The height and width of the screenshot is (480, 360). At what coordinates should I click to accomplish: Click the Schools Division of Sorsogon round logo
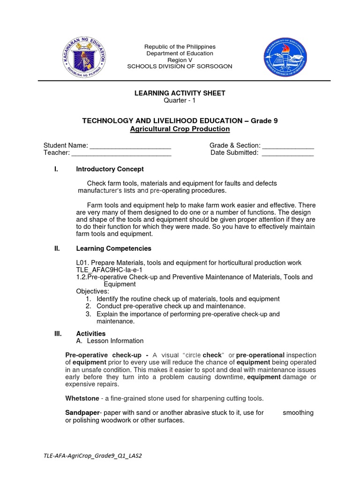pos(285,58)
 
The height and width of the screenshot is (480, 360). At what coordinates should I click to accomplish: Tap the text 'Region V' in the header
pos(180,60)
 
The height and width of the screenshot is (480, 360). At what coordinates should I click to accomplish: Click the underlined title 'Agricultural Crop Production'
pos(180,128)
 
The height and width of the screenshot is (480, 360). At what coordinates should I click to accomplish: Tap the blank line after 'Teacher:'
pos(121,153)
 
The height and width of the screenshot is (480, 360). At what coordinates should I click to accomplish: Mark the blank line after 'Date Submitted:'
pos(287,153)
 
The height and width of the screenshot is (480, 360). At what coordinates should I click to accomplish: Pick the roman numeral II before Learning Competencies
pos(57,248)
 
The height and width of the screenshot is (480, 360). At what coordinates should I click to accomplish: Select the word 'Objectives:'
pos(92,291)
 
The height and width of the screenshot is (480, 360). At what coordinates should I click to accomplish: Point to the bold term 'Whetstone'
pos(82,398)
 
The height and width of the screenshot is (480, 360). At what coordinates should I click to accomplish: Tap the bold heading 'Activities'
pos(91,334)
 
